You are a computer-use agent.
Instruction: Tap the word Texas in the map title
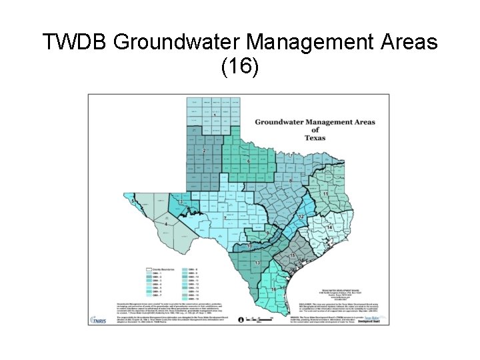tap(315, 138)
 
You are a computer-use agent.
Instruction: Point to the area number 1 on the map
tap(215, 116)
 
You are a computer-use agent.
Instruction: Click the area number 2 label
tap(204, 151)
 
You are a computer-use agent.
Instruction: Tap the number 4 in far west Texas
tap(166, 225)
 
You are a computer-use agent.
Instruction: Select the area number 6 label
tap(249, 161)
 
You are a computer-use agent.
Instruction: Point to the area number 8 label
tap(290, 181)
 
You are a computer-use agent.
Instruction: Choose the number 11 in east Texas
tap(325, 193)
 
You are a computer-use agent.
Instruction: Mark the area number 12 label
tap(301, 217)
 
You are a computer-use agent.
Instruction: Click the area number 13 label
tap(257, 264)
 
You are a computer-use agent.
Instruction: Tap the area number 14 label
tap(330, 228)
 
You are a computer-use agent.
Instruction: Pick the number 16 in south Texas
tap(273, 289)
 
